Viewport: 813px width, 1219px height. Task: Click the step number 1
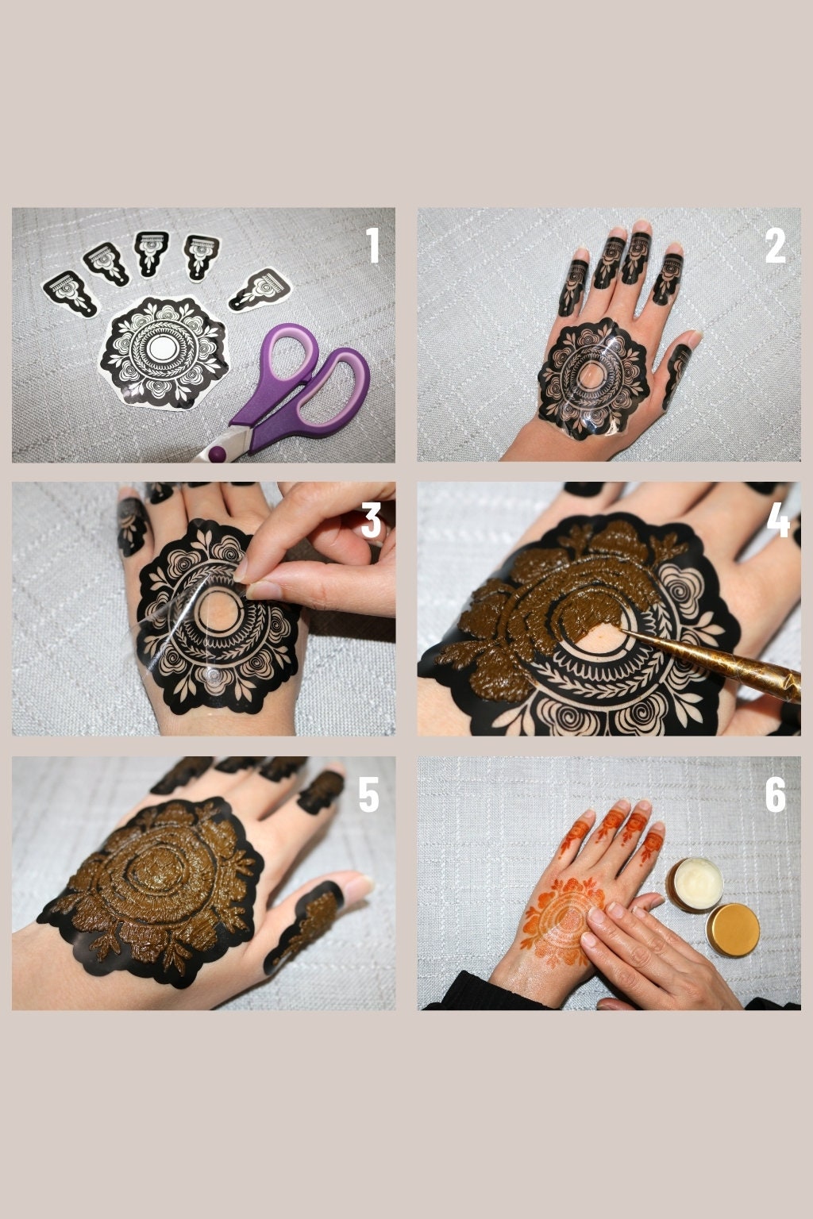click(372, 246)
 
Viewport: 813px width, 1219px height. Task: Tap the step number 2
click(776, 247)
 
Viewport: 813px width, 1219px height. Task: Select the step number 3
click(372, 521)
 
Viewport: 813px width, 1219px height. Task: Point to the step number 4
click(778, 521)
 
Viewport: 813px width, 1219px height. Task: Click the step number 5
click(368, 794)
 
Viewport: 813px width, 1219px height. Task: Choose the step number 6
click(776, 794)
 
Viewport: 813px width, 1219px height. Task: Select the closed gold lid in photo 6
click(733, 930)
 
